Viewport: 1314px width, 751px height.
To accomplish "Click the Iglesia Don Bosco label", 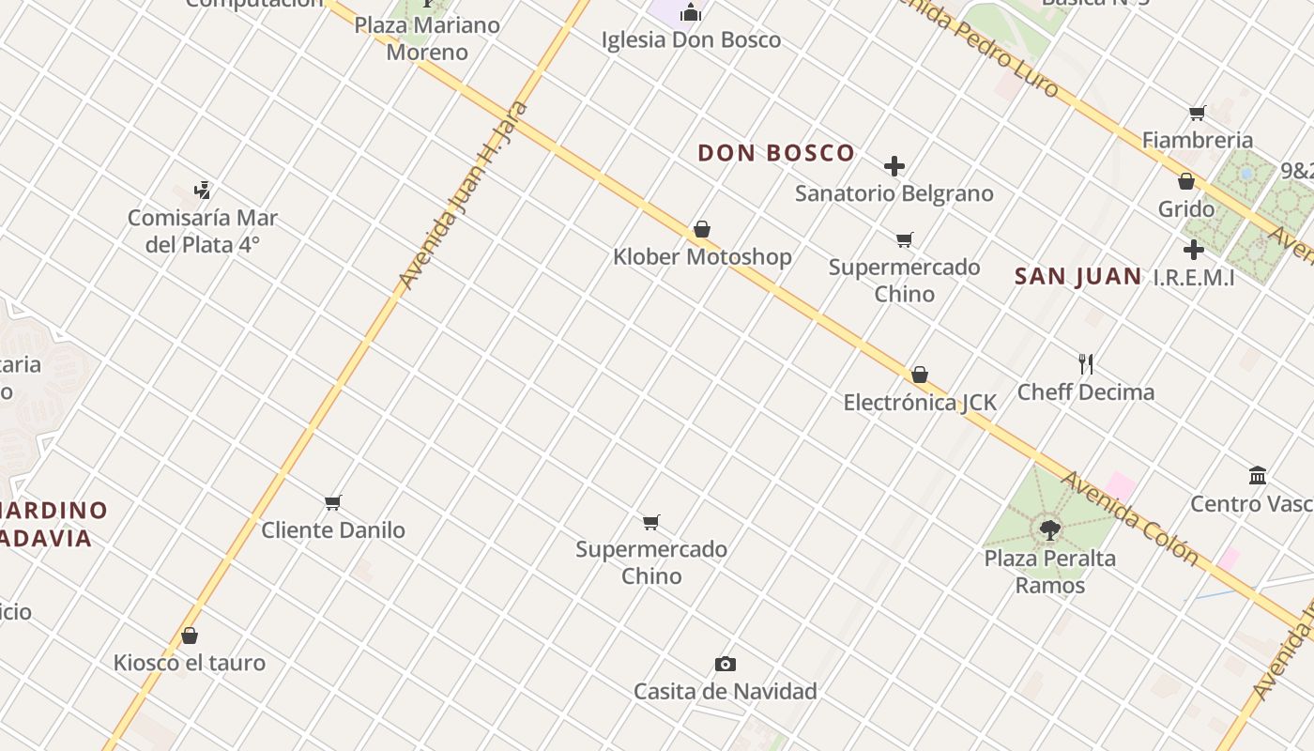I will [x=691, y=40].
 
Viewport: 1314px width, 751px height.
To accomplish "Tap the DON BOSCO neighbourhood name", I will [x=776, y=153].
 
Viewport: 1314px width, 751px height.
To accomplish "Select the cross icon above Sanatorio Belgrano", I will [x=894, y=167].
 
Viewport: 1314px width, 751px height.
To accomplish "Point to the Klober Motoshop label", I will [x=702, y=257].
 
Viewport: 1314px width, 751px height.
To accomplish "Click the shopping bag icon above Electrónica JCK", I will [x=920, y=375].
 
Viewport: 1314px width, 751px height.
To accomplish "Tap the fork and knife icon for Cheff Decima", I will [x=1086, y=364].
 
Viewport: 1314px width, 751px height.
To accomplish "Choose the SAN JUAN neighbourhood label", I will [x=1078, y=277].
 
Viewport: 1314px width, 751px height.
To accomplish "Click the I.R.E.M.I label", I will [x=1194, y=278].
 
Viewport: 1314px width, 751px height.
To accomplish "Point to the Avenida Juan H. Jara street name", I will [x=463, y=195].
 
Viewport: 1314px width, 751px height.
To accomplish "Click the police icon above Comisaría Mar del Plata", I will [x=202, y=191].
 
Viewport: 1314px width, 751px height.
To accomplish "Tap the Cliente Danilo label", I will [x=333, y=530].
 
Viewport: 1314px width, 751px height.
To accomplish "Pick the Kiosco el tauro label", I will [x=190, y=663].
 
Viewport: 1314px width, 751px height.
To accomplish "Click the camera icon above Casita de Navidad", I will [x=726, y=665].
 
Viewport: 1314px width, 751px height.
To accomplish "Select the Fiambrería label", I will [x=1198, y=141].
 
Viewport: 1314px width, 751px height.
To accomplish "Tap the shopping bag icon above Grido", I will [x=1186, y=181].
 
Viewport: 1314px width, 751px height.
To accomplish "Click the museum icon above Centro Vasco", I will [x=1258, y=476].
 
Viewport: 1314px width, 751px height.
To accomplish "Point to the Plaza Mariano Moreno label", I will [x=427, y=38].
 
